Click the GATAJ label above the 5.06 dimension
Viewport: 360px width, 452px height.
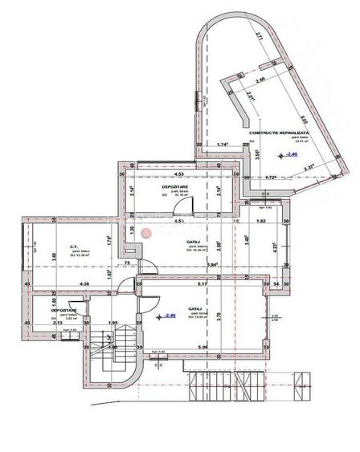point(194,307)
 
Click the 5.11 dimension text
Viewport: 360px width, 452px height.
point(202,283)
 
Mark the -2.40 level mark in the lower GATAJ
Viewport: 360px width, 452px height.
point(168,316)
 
